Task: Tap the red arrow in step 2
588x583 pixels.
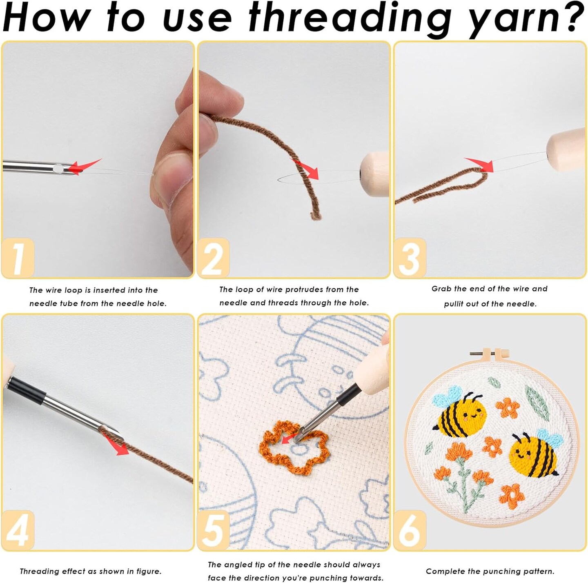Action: pyautogui.click(x=307, y=170)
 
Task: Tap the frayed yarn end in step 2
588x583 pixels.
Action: pyautogui.click(x=316, y=216)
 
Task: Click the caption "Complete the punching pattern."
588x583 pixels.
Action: pyautogui.click(x=490, y=571)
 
